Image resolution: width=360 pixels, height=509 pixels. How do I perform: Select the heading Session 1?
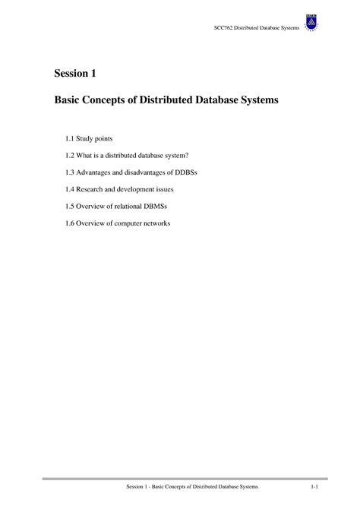[x=74, y=74]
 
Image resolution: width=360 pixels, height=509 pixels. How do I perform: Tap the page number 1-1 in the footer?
[x=314, y=485]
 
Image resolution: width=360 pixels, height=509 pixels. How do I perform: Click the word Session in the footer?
[x=137, y=485]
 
